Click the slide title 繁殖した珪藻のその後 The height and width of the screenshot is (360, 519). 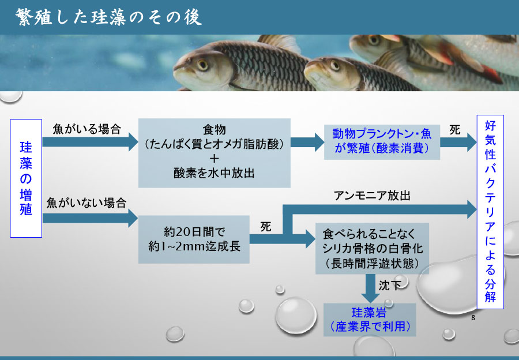pyautogui.click(x=108, y=17)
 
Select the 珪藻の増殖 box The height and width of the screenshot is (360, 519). pyautogui.click(x=26, y=178)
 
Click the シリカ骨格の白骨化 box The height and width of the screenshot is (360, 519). pyautogui.click(x=371, y=249)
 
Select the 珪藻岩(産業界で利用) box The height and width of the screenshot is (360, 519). pyautogui.click(x=369, y=319)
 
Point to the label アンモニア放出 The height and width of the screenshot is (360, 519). pyautogui.click(x=373, y=196)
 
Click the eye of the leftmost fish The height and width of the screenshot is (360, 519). pyautogui.click(x=201, y=65)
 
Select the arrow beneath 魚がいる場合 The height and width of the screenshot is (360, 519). pyautogui.click(x=89, y=142)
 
